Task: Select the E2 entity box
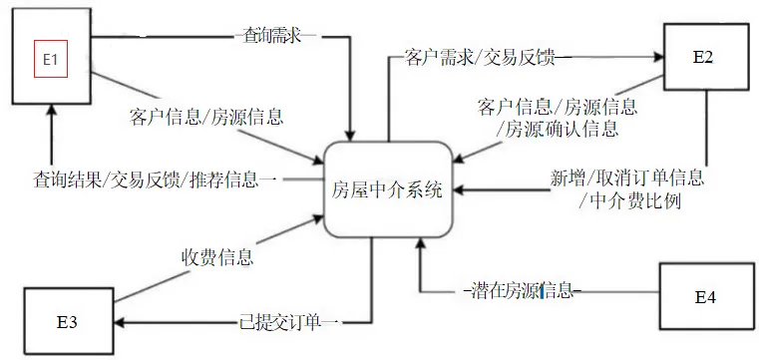703,56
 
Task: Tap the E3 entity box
68,322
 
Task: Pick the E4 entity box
705,296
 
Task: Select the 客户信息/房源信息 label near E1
206,118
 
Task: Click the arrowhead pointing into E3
118,322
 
